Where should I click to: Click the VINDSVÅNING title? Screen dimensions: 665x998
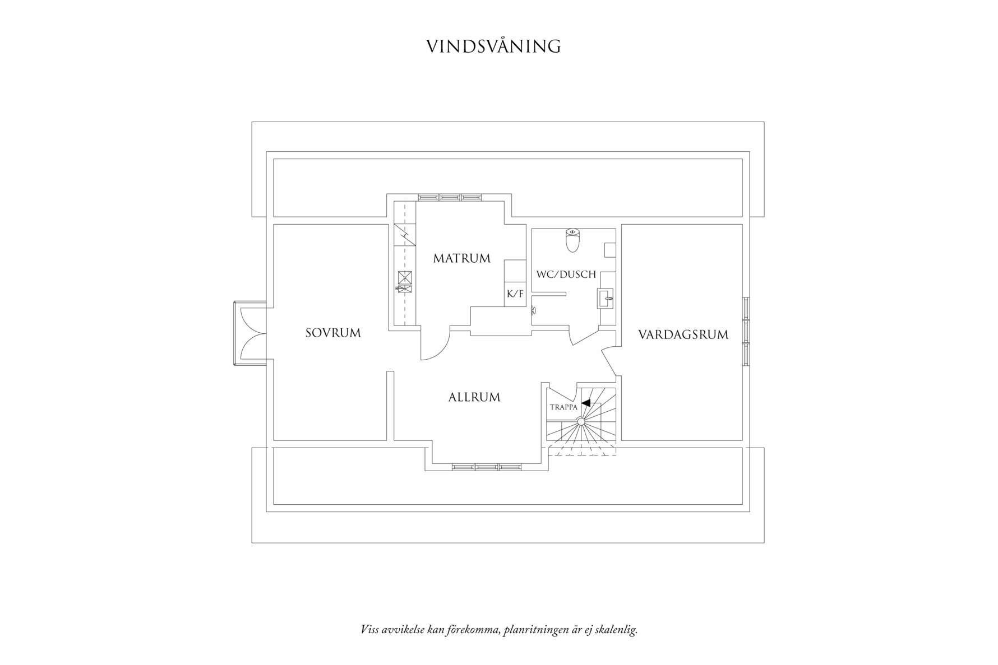pyautogui.click(x=493, y=46)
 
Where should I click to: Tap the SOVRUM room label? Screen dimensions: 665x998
pyautogui.click(x=333, y=333)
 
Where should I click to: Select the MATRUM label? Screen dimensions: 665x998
pyautogui.click(x=461, y=258)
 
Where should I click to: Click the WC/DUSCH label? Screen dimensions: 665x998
pyautogui.click(x=566, y=275)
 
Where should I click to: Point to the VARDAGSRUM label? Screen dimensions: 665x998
pyautogui.click(x=683, y=335)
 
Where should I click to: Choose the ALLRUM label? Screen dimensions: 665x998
pyautogui.click(x=474, y=397)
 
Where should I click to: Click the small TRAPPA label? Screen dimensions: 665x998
pyautogui.click(x=563, y=407)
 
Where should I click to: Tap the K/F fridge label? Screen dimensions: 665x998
pyautogui.click(x=515, y=294)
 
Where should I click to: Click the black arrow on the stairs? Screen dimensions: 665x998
pyautogui.click(x=585, y=402)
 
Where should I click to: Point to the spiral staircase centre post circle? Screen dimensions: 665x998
pyautogui.click(x=581, y=421)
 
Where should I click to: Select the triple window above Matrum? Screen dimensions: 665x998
pyautogui.click(x=450, y=197)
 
